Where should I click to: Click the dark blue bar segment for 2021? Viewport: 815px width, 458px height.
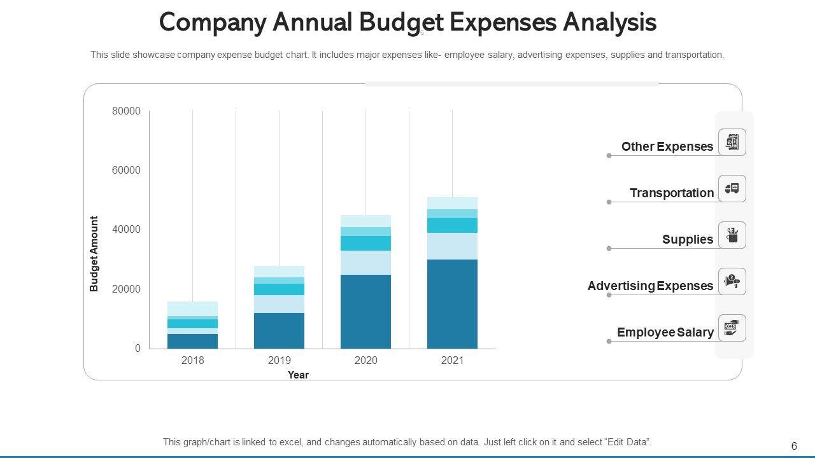(x=452, y=304)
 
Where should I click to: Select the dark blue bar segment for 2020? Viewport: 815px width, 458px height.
(x=365, y=312)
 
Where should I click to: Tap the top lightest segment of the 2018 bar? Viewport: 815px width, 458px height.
(x=193, y=309)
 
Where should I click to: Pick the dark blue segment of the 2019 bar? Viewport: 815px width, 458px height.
(x=279, y=331)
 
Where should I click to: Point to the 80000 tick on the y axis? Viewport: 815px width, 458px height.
(x=126, y=111)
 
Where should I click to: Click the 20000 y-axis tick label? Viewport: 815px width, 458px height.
(x=126, y=289)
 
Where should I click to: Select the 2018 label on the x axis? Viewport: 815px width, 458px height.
(x=193, y=361)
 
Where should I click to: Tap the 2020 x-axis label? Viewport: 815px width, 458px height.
(x=365, y=361)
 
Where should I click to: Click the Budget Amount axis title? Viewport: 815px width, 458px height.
(x=94, y=254)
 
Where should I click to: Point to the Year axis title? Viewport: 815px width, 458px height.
(x=298, y=375)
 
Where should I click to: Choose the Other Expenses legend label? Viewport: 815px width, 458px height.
(x=667, y=147)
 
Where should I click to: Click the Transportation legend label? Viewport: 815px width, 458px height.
(x=672, y=193)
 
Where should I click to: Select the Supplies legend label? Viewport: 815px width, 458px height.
(x=688, y=240)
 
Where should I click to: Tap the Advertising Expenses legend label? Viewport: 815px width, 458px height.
(x=650, y=286)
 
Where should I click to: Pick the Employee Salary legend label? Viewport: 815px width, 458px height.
(x=665, y=333)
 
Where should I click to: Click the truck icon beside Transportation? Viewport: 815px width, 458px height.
(x=732, y=189)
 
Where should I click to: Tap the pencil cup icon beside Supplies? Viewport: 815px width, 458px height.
(x=732, y=235)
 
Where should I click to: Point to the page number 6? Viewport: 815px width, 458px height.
(x=794, y=446)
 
